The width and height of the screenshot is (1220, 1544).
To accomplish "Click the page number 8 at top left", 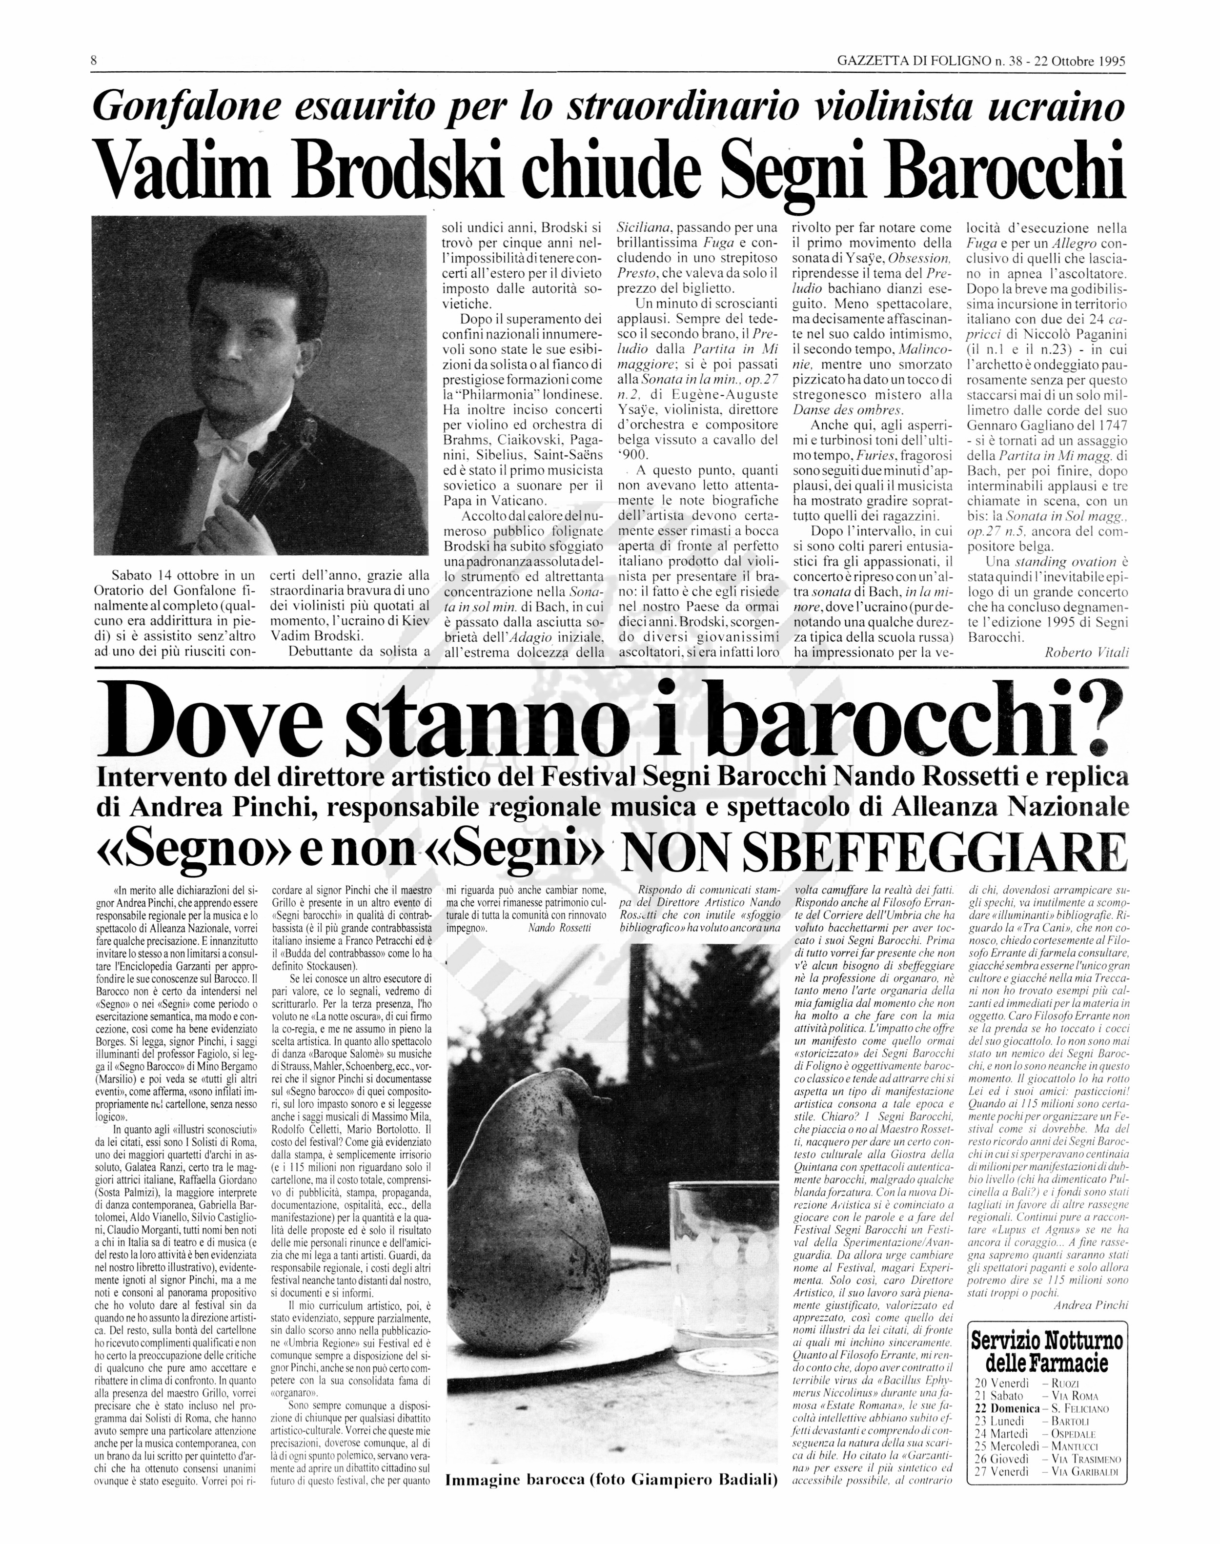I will coord(94,61).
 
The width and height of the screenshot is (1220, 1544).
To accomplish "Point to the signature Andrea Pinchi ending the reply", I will coord(1091,1305).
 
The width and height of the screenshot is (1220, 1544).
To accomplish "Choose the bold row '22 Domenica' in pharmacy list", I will coord(1007,1408).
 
